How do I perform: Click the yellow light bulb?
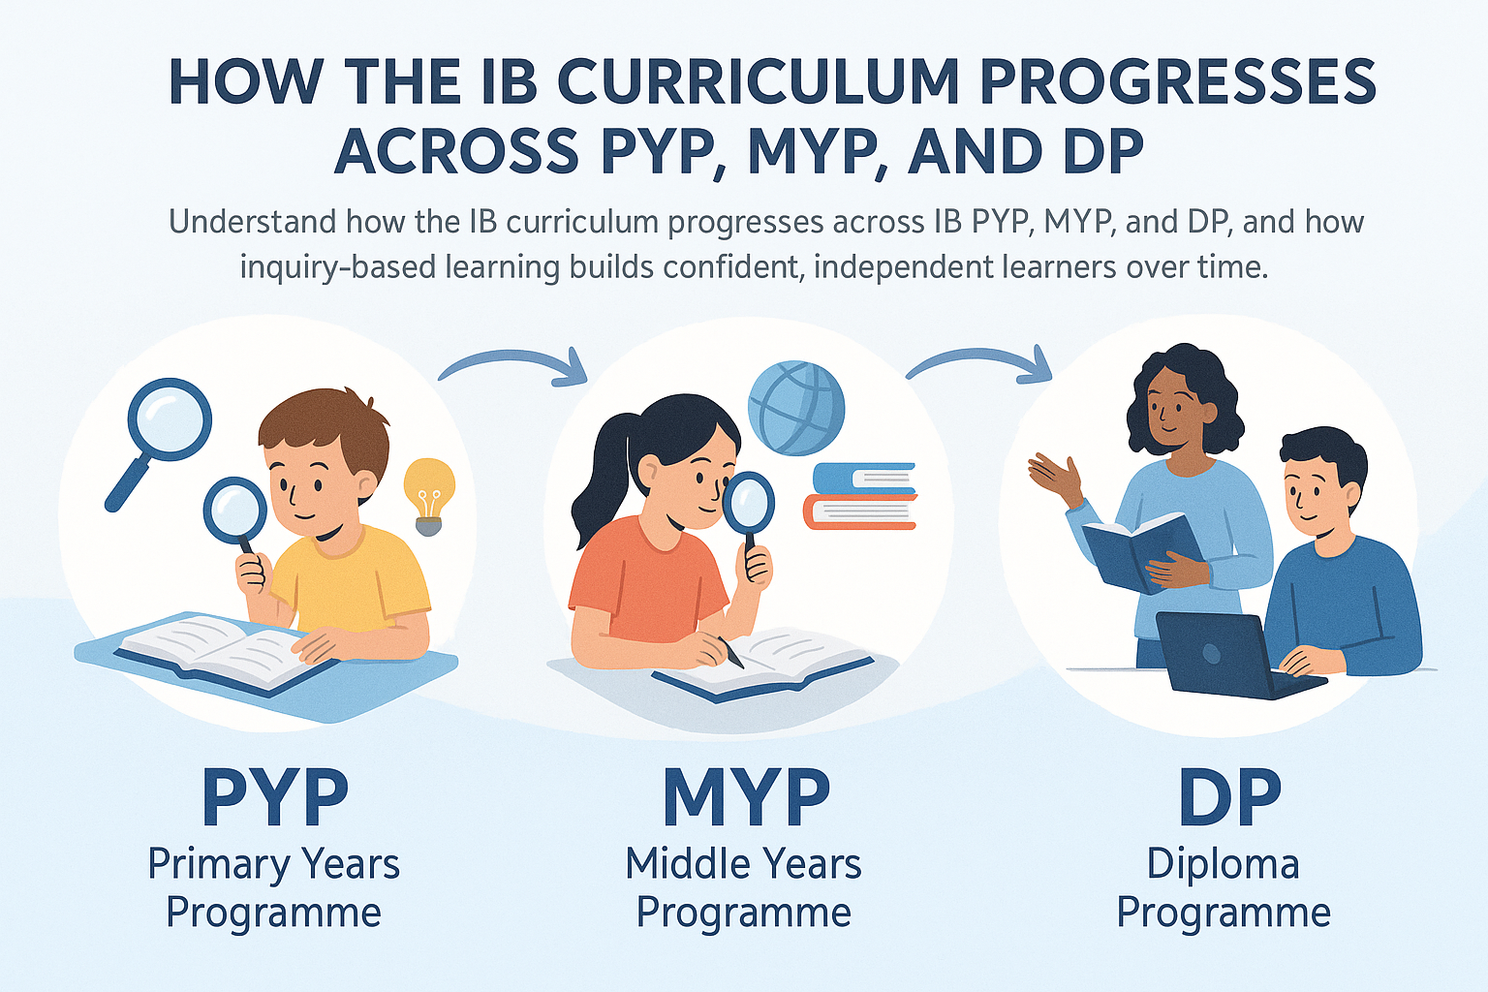pyautogui.click(x=428, y=492)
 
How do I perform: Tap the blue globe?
pyautogui.click(x=795, y=408)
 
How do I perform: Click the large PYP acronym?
pyautogui.click(x=274, y=796)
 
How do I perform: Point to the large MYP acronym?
pyautogui.click(x=745, y=796)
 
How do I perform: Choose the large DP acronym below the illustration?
pyautogui.click(x=1229, y=796)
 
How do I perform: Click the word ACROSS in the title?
pyautogui.click(x=456, y=152)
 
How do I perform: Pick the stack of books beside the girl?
pyautogui.click(x=860, y=495)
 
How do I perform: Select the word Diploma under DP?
pyautogui.click(x=1223, y=864)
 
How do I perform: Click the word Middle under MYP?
pyautogui.click(x=679, y=863)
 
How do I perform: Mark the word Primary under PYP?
pyautogui.click(x=219, y=864)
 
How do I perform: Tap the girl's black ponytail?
pyautogui.click(x=594, y=494)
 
